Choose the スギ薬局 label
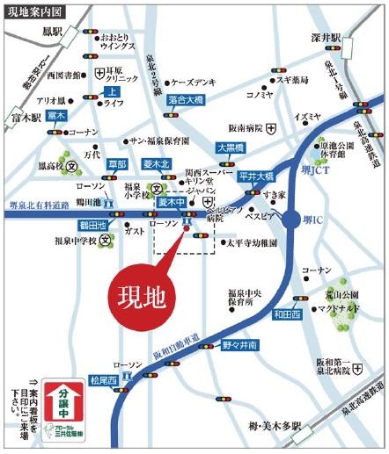click(x=291, y=78)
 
